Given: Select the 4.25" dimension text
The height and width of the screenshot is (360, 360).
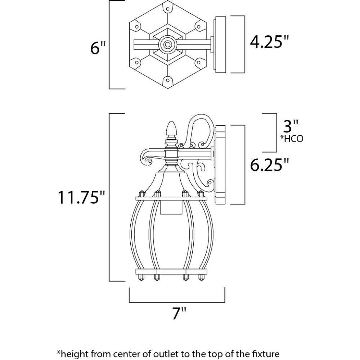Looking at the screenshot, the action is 269,42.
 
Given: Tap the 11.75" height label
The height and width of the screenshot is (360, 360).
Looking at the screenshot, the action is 81,197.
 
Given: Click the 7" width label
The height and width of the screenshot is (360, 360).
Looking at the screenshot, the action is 179,313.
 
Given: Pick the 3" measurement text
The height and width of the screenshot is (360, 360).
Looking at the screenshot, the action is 291,126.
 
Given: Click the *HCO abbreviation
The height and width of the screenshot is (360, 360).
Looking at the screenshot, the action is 292,139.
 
